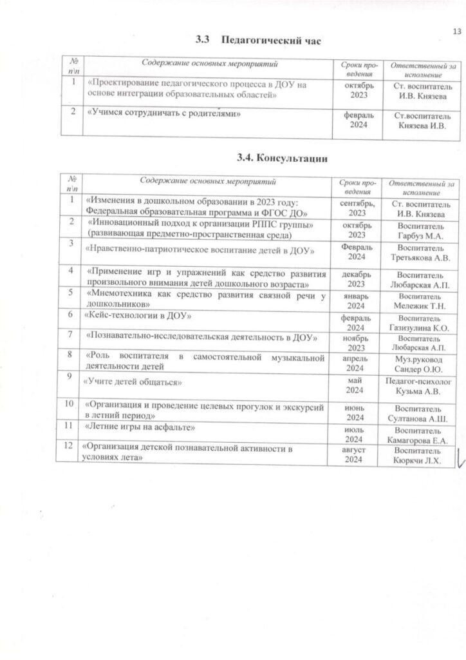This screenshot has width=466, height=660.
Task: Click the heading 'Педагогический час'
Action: click(x=270, y=41)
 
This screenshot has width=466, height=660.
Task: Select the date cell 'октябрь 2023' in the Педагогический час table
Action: click(x=358, y=90)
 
